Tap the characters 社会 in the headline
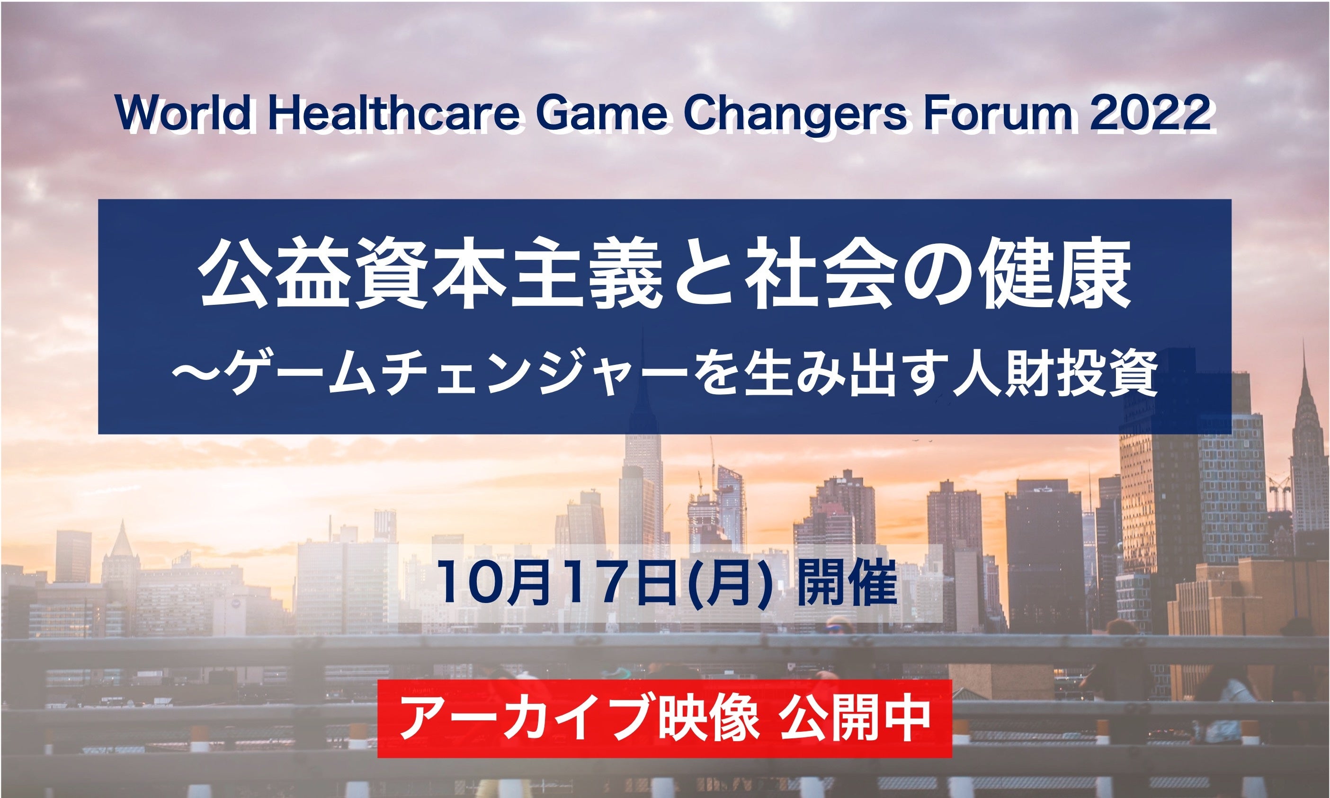(812, 282)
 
